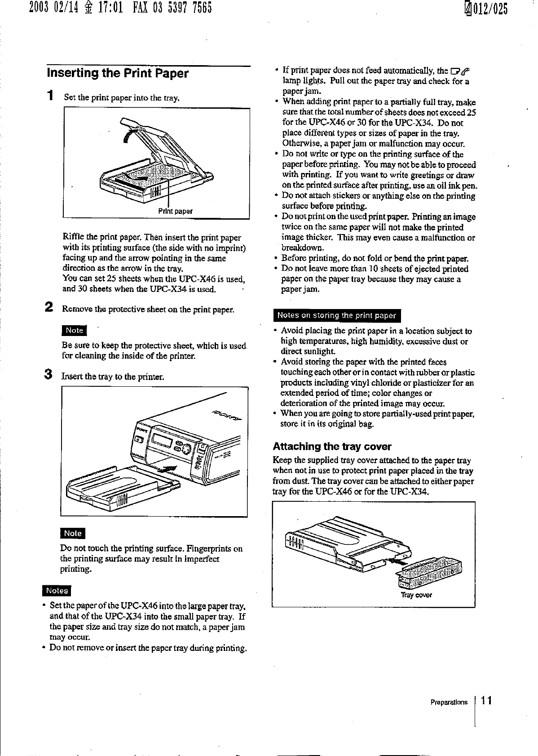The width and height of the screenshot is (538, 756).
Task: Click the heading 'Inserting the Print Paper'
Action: [118, 74]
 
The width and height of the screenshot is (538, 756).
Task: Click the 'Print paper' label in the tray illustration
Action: [176, 211]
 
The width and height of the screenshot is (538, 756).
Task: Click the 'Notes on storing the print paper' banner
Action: [337, 315]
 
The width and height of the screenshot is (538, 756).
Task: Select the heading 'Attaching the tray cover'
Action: [332, 447]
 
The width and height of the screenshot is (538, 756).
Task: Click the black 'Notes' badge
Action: [57, 591]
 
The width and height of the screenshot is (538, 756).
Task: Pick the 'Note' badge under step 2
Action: [75, 330]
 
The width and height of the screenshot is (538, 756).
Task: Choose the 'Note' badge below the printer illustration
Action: [73, 533]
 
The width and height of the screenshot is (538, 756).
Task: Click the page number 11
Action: [486, 700]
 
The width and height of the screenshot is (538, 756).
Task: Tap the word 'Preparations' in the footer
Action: [449, 702]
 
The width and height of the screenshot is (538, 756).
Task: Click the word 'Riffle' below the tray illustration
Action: [74, 238]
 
